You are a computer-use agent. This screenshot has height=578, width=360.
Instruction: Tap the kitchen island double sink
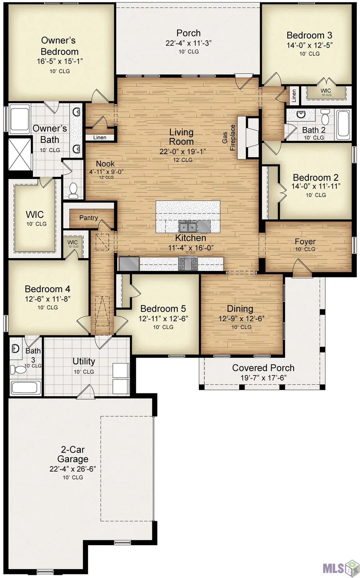(188, 227)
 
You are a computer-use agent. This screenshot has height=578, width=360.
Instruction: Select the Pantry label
(88, 218)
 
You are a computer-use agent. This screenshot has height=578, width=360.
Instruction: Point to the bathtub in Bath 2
(344, 124)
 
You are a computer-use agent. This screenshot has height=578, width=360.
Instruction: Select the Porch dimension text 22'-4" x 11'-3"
(188, 43)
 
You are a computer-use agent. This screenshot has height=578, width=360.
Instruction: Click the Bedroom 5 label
(163, 309)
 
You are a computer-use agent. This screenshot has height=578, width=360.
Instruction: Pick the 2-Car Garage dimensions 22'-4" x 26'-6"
(72, 469)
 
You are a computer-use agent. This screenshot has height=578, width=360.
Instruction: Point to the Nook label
(105, 164)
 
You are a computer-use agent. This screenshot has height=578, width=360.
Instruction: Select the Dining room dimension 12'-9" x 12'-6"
(241, 319)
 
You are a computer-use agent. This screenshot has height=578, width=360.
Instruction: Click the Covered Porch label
(263, 368)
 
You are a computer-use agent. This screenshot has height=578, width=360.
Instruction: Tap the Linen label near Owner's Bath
(100, 137)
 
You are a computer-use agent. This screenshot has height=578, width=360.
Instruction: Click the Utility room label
(84, 361)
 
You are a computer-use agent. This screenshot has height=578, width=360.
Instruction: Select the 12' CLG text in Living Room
(183, 160)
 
